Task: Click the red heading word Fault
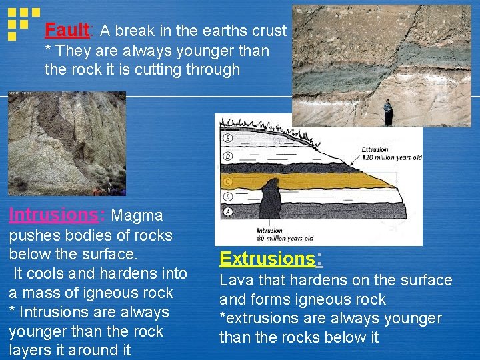(67, 30)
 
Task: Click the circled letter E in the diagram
(229, 139)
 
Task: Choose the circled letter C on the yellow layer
(229, 181)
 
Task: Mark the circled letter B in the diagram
(229, 197)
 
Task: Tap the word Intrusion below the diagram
(269, 231)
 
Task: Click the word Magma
(137, 215)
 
